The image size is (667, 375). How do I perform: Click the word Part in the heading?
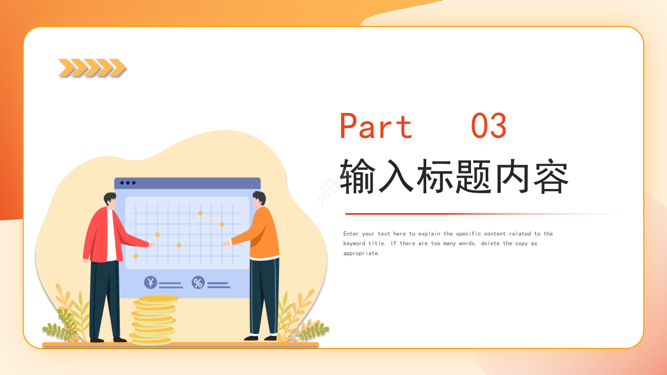click(x=376, y=127)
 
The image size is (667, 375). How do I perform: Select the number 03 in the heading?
click(x=488, y=127)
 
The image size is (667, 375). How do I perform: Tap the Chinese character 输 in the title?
click(x=359, y=177)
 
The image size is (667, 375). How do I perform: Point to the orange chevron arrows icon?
click(x=92, y=68)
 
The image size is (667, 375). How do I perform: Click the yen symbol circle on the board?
click(x=151, y=282)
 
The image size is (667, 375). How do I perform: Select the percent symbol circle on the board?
click(x=198, y=282)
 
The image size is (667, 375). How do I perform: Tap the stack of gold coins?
click(x=153, y=320)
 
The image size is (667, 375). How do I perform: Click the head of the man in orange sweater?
click(x=259, y=199)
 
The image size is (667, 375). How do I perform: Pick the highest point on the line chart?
click(x=200, y=213)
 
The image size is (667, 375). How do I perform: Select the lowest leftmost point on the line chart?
click(x=136, y=256)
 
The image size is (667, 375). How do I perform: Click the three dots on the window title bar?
click(x=128, y=183)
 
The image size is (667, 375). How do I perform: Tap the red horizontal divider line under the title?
click(x=417, y=214)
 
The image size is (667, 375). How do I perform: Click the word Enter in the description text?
click(x=351, y=234)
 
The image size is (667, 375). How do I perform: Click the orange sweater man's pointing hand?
click(x=226, y=243)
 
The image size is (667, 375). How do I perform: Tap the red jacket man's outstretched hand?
click(x=152, y=245)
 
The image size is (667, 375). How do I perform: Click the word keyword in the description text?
click(x=354, y=244)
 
